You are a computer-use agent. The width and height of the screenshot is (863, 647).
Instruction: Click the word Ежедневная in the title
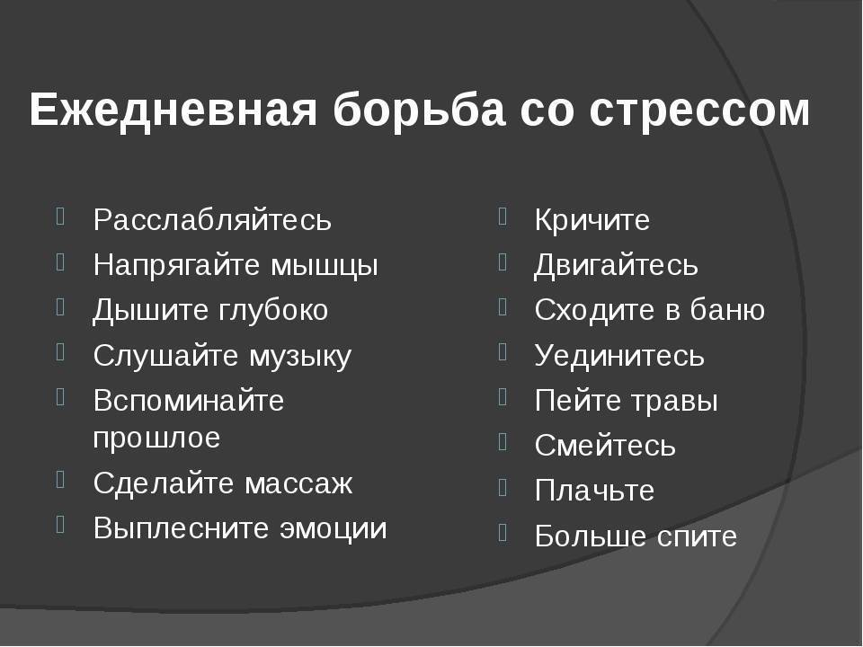173,110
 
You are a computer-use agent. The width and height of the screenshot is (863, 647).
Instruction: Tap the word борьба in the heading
420,109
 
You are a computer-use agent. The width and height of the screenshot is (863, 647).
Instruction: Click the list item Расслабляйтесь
212,220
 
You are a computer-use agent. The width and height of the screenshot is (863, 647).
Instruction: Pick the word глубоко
273,310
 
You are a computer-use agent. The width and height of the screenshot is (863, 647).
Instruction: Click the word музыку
300,357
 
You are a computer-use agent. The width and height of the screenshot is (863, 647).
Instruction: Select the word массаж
298,484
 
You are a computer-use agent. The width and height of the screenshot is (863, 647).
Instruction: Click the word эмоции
334,528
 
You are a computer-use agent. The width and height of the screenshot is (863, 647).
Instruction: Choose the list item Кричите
592,220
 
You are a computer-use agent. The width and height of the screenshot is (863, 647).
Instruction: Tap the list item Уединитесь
619,356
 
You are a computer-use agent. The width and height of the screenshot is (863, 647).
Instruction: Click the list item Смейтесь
605,446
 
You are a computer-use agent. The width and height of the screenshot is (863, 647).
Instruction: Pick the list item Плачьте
594,491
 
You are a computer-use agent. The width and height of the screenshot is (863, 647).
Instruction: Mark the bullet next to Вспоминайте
60,396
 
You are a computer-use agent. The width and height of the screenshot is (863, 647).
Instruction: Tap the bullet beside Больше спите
502,532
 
